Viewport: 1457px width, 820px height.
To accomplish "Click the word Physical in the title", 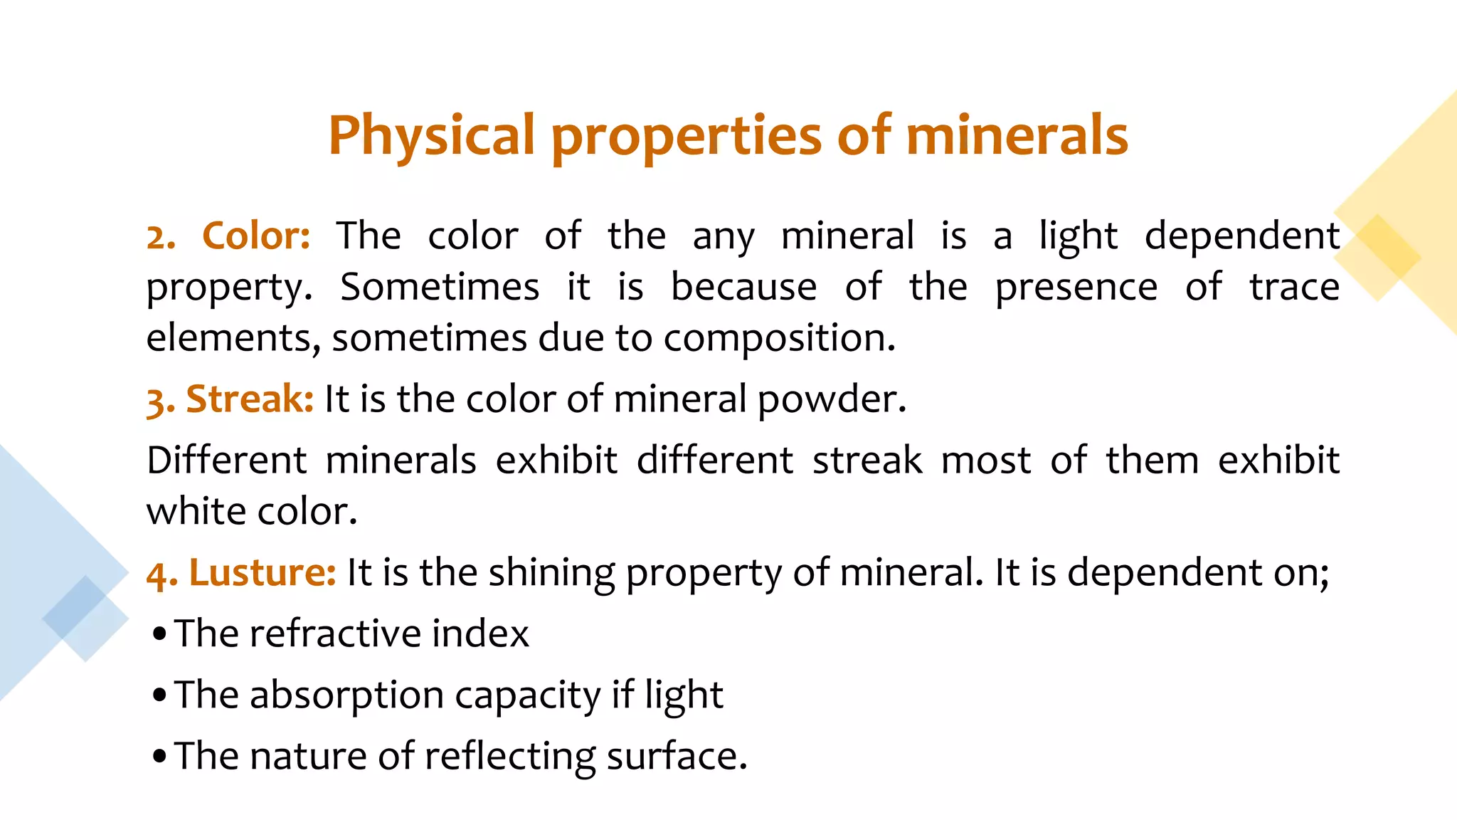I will point(431,135).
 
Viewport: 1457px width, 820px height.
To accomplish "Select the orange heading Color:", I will point(256,236).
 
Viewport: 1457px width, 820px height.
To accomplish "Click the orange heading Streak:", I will point(250,399).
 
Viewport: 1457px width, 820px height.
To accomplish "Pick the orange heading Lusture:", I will point(262,572).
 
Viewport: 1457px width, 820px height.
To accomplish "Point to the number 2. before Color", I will point(161,237).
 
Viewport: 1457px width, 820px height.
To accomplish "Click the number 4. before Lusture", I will point(161,574).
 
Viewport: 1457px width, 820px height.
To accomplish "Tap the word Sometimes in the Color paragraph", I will point(440,287).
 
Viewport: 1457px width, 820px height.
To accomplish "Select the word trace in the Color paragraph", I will point(1294,287).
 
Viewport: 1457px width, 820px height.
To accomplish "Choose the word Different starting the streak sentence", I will point(226,460).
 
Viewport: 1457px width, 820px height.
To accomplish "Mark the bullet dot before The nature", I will point(159,756).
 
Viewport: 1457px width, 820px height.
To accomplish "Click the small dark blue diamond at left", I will point(74,607).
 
